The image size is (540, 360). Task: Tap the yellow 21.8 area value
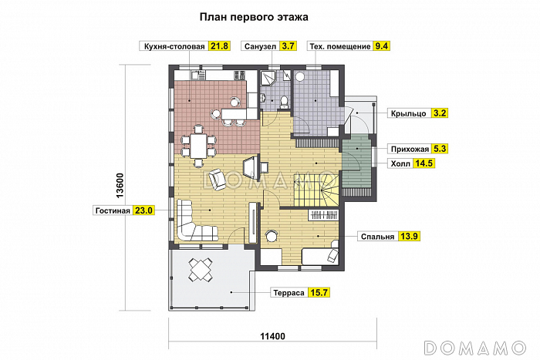click(220, 46)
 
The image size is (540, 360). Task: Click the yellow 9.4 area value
click(381, 46)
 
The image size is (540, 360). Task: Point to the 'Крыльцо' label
click(409, 113)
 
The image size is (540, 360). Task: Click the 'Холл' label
click(399, 163)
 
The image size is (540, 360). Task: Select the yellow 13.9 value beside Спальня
click(410, 236)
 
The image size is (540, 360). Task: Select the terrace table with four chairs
click(203, 270)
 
